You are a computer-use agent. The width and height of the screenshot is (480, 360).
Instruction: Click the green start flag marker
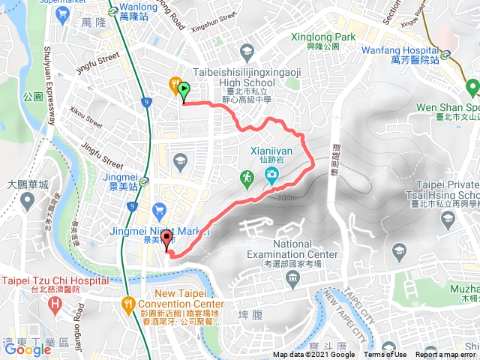[x=184, y=90]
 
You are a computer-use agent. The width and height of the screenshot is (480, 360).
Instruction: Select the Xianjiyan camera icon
[x=271, y=176]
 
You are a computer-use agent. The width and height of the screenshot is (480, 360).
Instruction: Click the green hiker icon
[x=246, y=177]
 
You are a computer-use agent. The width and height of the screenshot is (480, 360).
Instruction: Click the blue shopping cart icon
[x=158, y=209]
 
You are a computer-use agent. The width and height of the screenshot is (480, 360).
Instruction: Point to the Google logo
[x=27, y=349]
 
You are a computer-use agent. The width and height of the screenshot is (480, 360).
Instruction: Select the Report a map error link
[x=448, y=355]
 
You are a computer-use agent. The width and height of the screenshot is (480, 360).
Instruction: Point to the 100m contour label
[x=286, y=197]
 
